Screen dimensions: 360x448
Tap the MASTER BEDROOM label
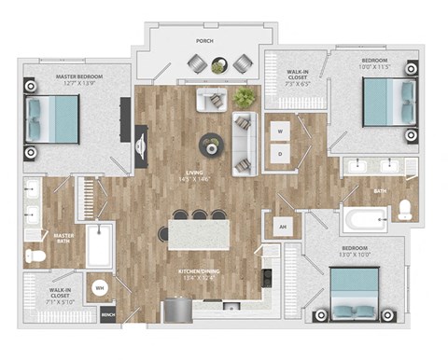point(63,76)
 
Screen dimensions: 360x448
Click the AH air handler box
point(282,226)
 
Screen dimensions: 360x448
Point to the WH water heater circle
point(100,287)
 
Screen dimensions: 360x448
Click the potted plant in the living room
point(245,97)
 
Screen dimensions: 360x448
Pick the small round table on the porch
point(218,64)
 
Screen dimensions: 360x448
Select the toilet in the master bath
point(35,255)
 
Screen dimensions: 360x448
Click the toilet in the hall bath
point(405,211)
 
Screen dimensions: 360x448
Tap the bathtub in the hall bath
point(364,221)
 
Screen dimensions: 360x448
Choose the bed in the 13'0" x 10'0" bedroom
point(359,293)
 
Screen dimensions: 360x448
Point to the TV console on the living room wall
point(141,145)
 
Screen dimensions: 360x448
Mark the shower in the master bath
point(99,246)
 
